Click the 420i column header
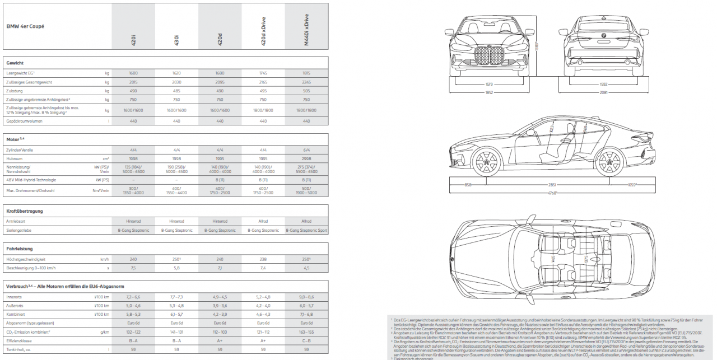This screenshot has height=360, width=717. click(133, 39)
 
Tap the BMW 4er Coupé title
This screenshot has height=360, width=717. click(25, 26)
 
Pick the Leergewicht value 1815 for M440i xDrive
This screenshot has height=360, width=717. click(306, 73)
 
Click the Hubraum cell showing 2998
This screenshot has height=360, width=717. click(306, 158)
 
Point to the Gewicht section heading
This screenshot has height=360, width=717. click(15, 63)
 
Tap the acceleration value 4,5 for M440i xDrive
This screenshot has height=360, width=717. click(306, 268)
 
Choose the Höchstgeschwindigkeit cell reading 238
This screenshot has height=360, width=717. click(263, 259)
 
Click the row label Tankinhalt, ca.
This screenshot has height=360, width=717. click(18, 349)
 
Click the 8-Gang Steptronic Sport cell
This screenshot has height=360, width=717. click(306, 230)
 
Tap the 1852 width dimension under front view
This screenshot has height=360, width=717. click(489, 92)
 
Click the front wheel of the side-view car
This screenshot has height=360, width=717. click(485, 162)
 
